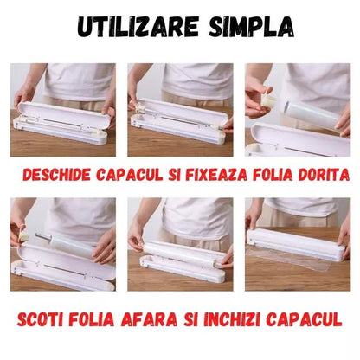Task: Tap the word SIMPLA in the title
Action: (246, 27)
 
